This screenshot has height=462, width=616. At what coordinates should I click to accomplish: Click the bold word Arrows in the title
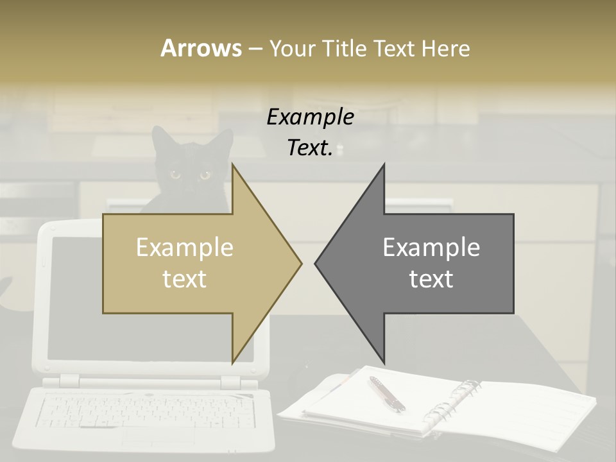(201, 48)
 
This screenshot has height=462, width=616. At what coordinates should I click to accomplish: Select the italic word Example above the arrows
(310, 117)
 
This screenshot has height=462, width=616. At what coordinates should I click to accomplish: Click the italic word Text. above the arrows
(310, 148)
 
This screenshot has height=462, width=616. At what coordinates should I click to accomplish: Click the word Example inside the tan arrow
(185, 248)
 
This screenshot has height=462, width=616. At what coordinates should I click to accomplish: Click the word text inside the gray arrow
(431, 279)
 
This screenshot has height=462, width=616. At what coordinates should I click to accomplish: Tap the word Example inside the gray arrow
(431, 248)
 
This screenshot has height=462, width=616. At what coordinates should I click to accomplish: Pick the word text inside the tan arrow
(185, 279)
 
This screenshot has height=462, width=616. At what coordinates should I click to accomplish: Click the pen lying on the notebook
(386, 393)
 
